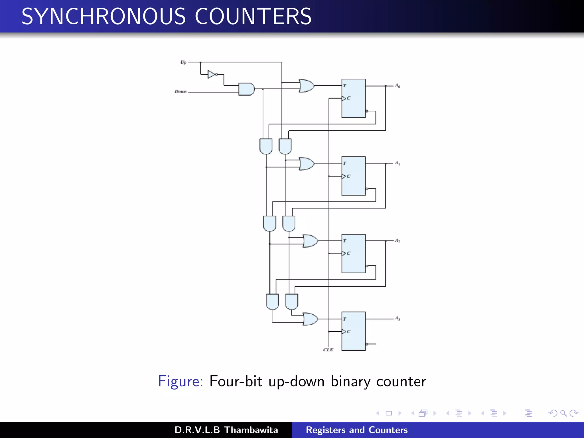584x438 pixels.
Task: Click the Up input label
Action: click(183, 62)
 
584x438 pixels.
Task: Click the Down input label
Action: click(181, 92)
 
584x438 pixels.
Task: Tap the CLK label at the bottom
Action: click(328, 350)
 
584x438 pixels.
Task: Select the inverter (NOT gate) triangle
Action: click(212, 74)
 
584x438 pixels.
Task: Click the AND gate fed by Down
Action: click(246, 89)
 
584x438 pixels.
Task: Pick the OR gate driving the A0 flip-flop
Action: click(307, 86)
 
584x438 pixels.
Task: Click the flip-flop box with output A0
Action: click(353, 98)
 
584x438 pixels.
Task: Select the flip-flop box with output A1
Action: click(353, 176)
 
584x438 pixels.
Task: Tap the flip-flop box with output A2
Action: click(353, 254)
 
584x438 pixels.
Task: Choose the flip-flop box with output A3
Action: click(353, 331)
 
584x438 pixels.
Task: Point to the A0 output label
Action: click(398, 86)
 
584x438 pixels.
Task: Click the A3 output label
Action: click(398, 318)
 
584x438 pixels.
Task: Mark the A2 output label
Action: click(398, 241)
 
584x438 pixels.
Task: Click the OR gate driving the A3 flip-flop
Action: click(310, 319)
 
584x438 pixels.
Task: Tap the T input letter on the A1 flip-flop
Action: click(345, 163)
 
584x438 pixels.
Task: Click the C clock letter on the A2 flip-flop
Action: click(349, 253)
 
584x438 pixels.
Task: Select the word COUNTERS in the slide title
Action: click(253, 16)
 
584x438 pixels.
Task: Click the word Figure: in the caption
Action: click(180, 381)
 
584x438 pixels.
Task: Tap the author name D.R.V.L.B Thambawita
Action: click(226, 430)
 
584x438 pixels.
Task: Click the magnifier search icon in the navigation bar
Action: click(563, 413)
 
